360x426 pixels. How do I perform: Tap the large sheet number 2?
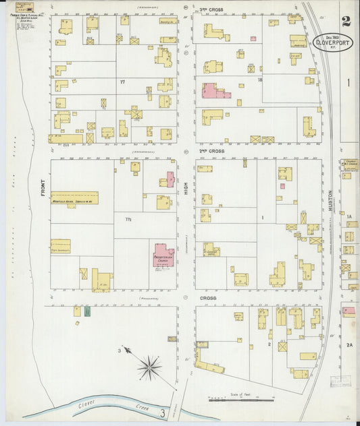346,22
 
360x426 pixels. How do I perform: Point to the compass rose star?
149,367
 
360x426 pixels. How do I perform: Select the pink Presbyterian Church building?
164,256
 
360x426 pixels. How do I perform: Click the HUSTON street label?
330,196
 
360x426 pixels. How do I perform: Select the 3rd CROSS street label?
211,10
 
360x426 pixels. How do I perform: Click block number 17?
122,82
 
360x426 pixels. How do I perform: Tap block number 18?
259,79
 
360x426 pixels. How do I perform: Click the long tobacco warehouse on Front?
74,197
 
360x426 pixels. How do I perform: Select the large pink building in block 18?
214,92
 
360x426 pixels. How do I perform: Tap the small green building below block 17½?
87,311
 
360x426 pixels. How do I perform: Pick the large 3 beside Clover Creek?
162,412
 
